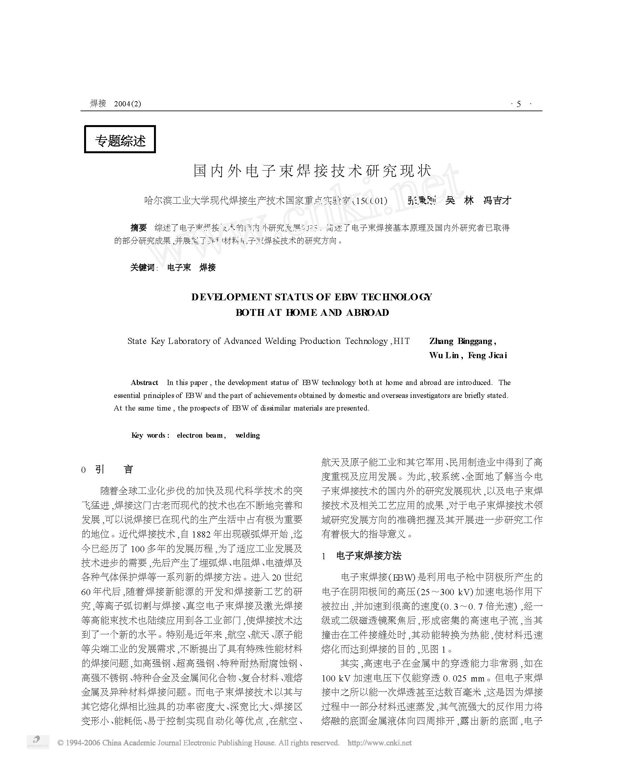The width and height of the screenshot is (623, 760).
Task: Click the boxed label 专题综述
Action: pos(120,140)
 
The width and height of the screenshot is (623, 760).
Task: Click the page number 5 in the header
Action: pos(518,104)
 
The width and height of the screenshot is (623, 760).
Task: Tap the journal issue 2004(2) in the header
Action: pos(127,104)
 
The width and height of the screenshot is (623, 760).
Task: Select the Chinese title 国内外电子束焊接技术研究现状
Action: pos(312,171)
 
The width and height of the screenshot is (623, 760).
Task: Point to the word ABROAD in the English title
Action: pos(367,313)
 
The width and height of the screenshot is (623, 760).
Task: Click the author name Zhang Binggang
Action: pos(462,341)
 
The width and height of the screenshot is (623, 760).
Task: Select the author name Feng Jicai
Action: pos(487,356)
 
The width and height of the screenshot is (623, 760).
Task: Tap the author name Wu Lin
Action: pos(444,356)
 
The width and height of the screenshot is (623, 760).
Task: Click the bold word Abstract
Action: pos(144,383)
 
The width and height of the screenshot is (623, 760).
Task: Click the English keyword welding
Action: pos(248,435)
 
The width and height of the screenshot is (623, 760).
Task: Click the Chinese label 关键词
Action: pos(142,267)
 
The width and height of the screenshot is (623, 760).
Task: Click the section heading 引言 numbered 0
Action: pos(114,469)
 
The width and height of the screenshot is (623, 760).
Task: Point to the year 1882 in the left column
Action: pos(201,534)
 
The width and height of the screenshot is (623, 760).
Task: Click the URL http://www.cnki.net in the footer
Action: pos(379,743)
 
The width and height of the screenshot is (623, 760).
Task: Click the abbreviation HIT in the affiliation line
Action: pos(401,341)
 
